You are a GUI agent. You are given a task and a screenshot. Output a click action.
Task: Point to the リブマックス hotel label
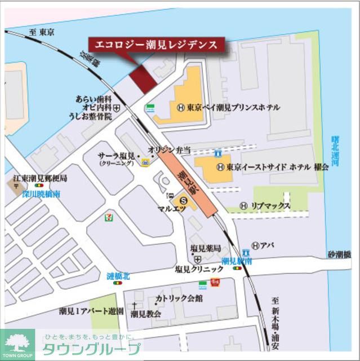[270, 206]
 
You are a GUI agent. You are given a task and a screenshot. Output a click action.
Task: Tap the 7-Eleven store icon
[106, 217]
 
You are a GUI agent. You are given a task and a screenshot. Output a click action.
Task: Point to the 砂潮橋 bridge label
[340, 254]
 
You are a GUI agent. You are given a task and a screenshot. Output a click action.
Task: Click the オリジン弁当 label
[170, 149]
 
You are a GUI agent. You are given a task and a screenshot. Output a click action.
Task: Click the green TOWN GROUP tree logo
[17, 345]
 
